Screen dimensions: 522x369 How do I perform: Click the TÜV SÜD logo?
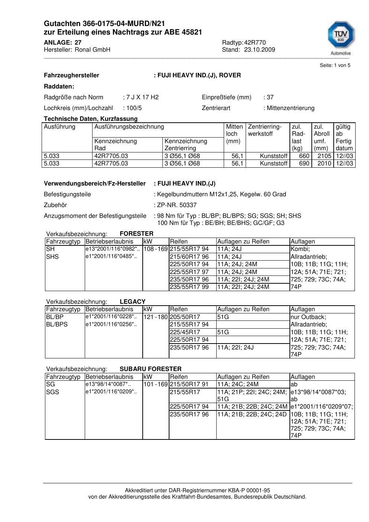[x=341, y=36]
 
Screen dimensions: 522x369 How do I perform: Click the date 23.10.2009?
[x=259, y=50]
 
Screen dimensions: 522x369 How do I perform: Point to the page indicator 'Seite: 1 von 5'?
[x=335, y=65]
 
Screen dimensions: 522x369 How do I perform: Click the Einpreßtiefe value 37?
[x=270, y=97]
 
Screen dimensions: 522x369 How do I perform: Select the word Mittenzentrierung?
[x=290, y=108]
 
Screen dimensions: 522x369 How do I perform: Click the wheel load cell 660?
[x=304, y=156]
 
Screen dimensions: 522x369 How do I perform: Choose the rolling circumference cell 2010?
[x=324, y=164]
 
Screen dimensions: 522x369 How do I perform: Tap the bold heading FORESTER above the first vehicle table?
[x=136, y=234]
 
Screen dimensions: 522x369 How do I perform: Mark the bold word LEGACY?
[x=133, y=302]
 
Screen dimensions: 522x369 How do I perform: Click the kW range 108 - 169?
[x=156, y=249]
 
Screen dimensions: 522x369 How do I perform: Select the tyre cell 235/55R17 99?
[x=190, y=287]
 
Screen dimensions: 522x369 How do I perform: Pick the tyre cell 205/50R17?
[x=185, y=317]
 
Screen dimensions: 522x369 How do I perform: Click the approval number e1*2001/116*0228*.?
[x=111, y=317]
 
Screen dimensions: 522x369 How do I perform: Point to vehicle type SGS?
[x=52, y=392]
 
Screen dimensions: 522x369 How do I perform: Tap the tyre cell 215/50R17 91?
[x=189, y=384]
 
